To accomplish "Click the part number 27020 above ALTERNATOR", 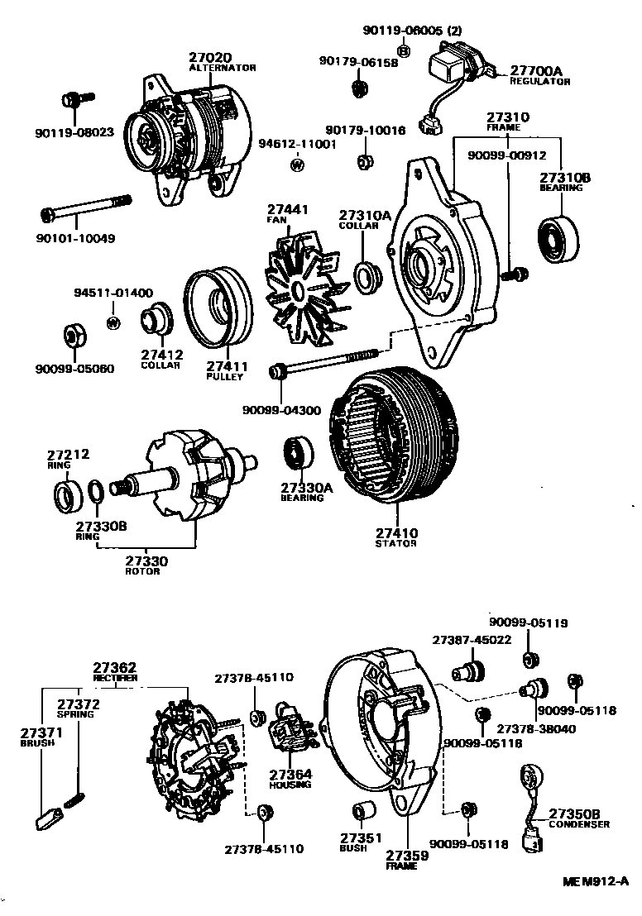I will (x=210, y=58).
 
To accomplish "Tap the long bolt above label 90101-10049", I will (x=86, y=208).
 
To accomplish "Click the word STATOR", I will (x=396, y=543).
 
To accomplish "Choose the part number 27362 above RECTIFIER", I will (x=114, y=666).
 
